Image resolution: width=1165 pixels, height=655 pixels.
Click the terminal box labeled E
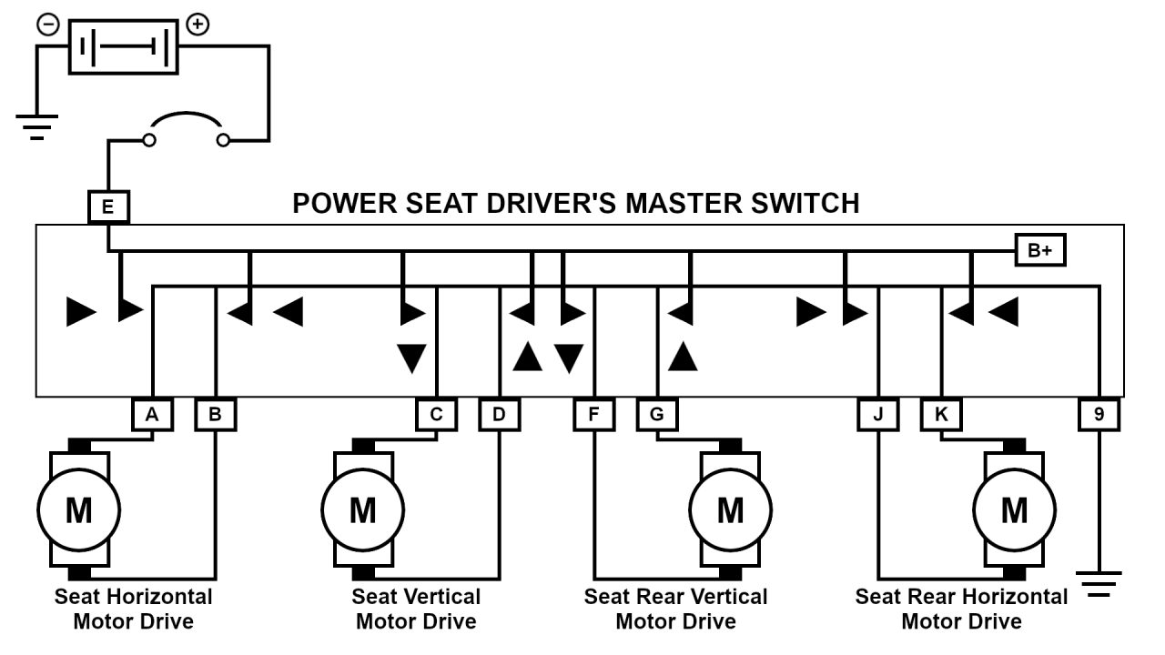click(108, 207)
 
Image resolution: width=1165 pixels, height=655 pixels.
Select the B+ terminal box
click(1039, 251)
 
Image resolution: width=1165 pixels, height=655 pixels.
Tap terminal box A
click(152, 415)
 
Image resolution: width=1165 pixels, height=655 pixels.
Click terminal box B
click(216, 415)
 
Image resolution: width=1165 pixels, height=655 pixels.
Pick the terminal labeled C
click(436, 415)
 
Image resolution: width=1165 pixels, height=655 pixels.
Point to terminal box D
click(499, 415)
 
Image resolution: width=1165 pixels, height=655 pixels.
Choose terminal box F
click(594, 415)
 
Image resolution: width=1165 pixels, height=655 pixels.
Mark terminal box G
click(656, 415)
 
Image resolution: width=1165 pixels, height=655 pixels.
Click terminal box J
click(878, 415)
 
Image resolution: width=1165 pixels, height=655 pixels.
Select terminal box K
click(941, 415)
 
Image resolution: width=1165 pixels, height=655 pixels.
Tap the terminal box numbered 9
click(1099, 415)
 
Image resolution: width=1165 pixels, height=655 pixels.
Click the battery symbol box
click(124, 45)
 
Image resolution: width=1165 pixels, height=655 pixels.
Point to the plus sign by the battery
click(197, 25)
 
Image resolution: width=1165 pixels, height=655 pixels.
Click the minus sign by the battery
click(47, 25)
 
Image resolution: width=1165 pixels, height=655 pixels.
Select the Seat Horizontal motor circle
click(78, 509)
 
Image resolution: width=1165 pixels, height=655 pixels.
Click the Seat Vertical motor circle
click(363, 509)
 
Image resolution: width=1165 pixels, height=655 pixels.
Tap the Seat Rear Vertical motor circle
click(730, 509)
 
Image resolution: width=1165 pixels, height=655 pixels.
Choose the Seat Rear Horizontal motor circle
click(1014, 509)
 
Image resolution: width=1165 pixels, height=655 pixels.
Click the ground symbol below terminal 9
click(1099, 583)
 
